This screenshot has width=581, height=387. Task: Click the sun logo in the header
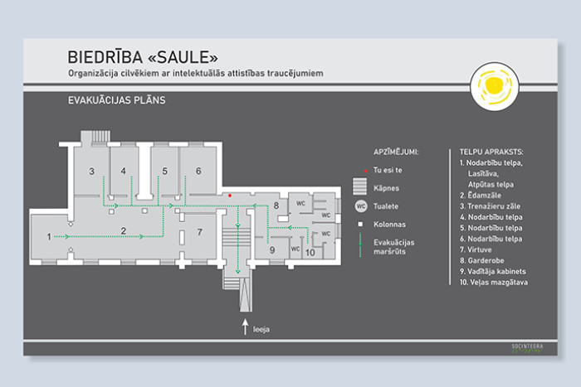pos(494,85)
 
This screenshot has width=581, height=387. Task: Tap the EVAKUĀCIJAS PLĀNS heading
pos(117,100)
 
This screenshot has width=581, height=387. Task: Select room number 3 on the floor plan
pos(92,172)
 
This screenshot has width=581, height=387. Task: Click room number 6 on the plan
pos(198,172)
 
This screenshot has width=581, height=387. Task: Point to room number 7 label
pos(198,232)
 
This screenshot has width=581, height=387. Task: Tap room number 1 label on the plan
pos(49,237)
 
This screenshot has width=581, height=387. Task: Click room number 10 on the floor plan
pos(310,252)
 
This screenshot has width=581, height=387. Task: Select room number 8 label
pos(276,206)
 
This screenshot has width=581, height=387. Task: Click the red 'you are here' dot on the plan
pos(230,196)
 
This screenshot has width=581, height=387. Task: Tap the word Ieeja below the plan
pos(262,330)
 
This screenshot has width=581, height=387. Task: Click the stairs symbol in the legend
pos(360,187)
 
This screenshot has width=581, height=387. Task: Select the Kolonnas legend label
pos(391,225)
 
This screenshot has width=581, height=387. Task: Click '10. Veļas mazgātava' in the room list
pos(494,283)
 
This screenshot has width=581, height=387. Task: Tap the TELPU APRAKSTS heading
pos(491,152)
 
